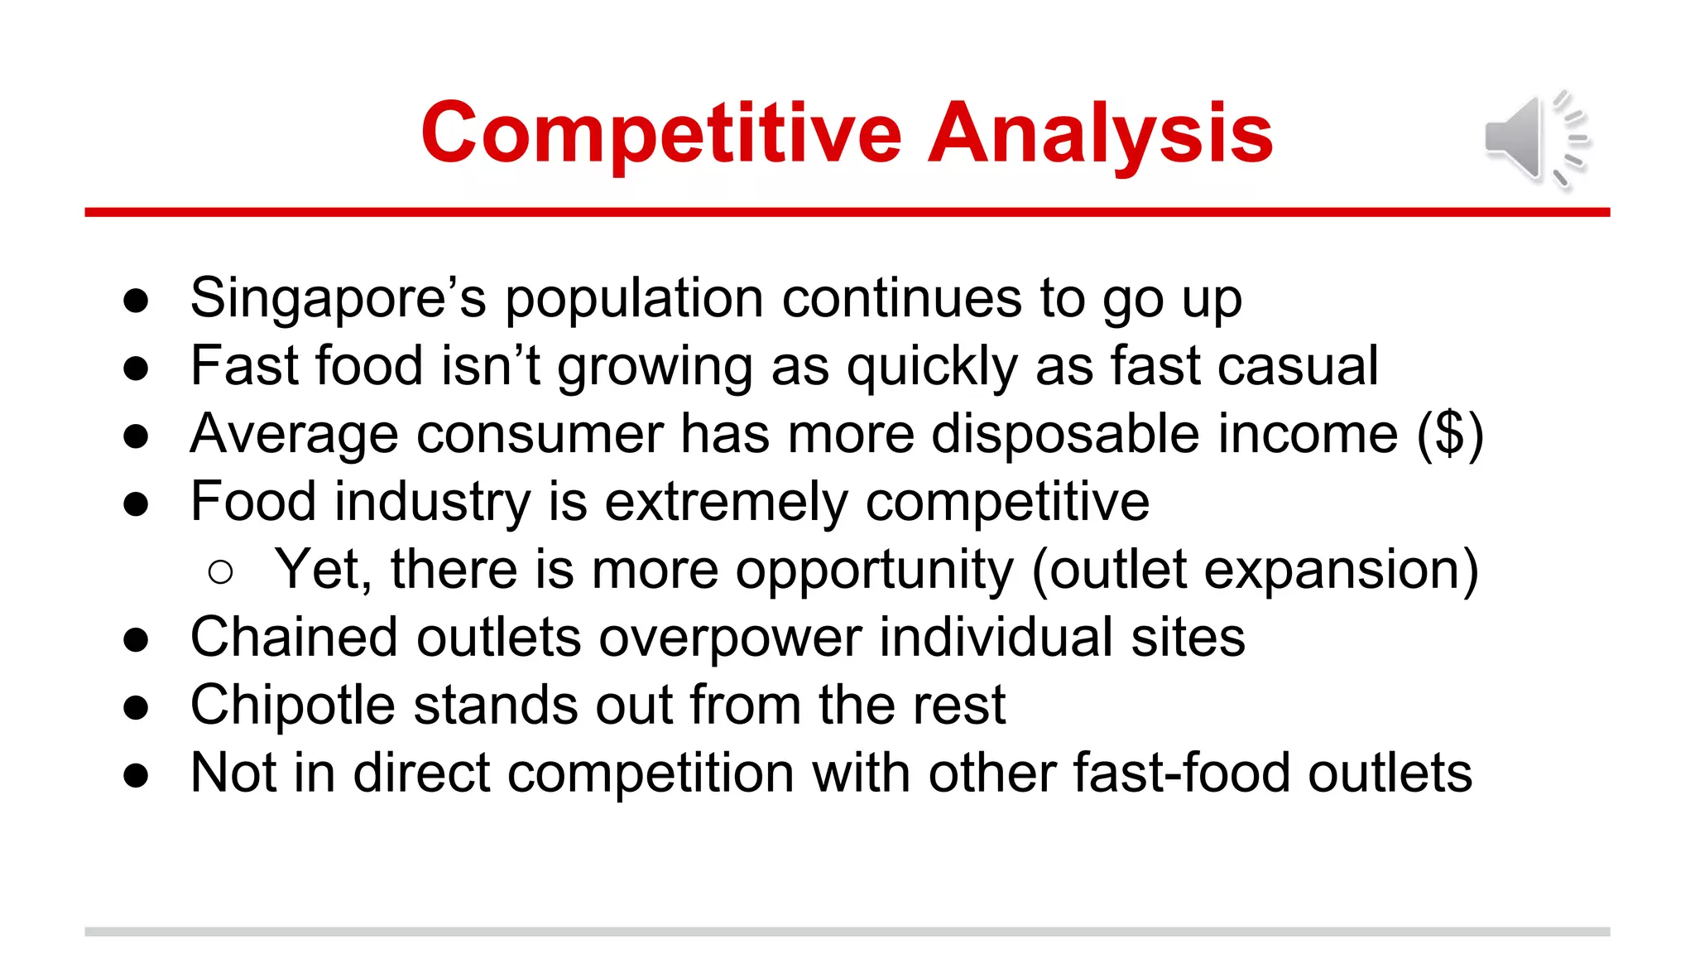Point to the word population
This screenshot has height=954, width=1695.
[x=634, y=298]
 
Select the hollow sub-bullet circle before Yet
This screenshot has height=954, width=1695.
[x=220, y=571]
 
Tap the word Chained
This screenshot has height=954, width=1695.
[x=294, y=638]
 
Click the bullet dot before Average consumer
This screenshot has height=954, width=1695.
[x=136, y=436]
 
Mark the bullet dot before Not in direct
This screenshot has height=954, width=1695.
[x=136, y=776]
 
